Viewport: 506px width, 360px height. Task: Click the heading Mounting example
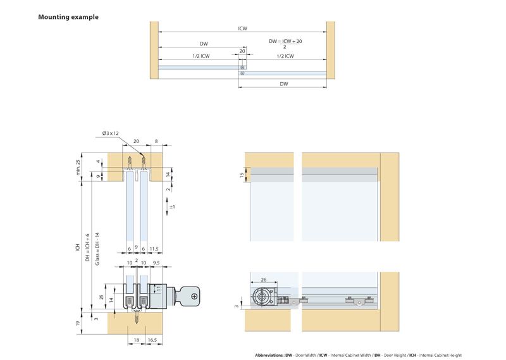tap(68, 17)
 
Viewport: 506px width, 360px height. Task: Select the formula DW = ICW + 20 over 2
tap(285, 42)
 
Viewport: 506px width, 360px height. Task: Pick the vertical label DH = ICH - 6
tap(88, 244)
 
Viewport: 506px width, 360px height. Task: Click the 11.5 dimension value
tap(156, 249)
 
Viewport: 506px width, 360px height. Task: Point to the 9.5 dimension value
tap(155, 262)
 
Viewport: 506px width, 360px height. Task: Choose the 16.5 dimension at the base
tap(152, 340)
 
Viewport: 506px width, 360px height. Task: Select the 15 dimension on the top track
tap(242, 175)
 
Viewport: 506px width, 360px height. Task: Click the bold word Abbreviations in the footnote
tap(269, 355)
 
